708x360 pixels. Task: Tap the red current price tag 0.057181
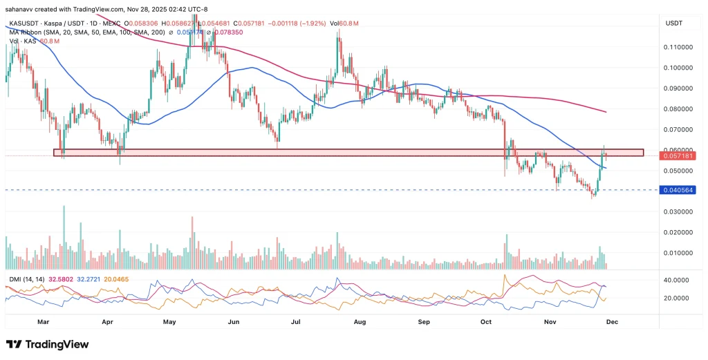tap(678, 157)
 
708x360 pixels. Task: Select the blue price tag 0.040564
tap(678, 190)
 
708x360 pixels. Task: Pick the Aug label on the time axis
tap(359, 321)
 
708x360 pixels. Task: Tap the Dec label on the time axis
tap(611, 321)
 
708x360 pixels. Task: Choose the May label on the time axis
tap(169, 321)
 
